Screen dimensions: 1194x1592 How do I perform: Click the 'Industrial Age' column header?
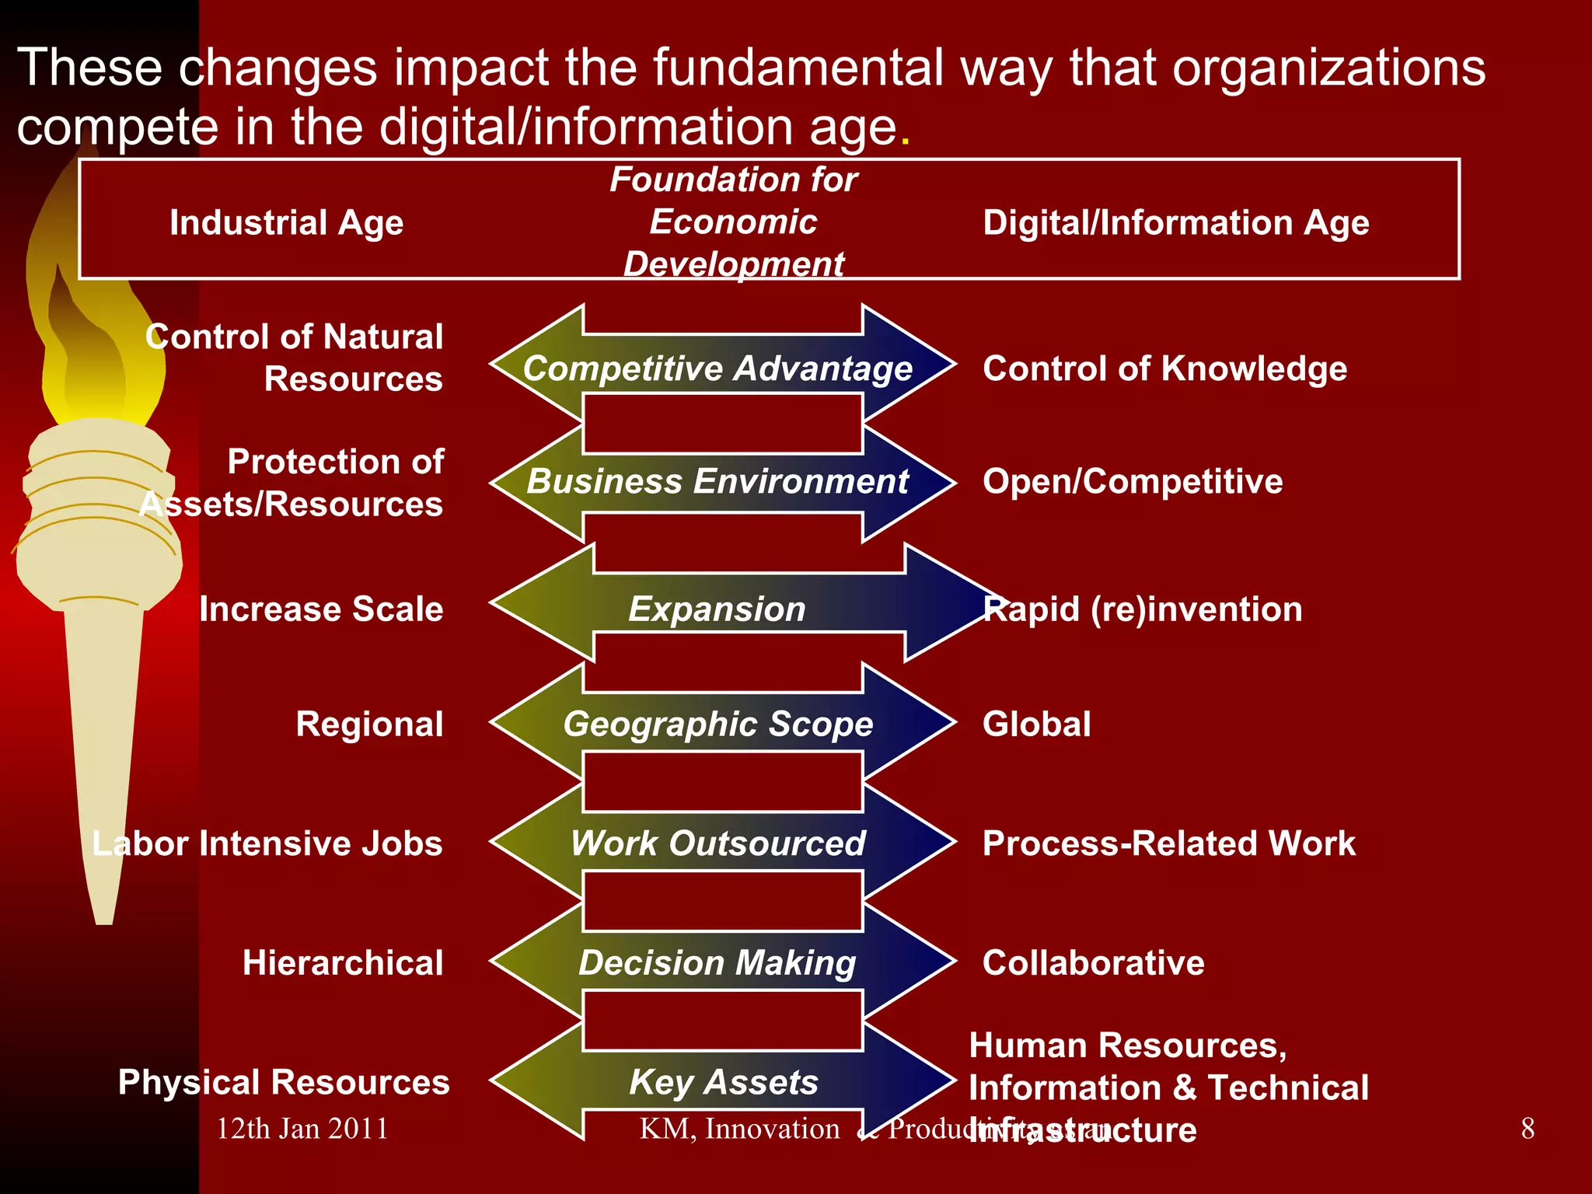pos(286,223)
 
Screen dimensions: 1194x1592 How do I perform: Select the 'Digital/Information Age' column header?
pos(1175,223)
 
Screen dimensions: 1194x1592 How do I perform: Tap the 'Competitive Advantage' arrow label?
pos(717,368)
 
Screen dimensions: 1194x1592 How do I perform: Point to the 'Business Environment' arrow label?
pos(717,481)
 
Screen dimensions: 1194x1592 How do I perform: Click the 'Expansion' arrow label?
pos(717,609)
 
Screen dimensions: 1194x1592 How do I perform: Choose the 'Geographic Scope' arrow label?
pos(717,724)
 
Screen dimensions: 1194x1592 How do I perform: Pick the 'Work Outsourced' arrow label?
pos(717,843)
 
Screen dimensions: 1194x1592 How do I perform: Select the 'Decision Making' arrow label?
pos(717,963)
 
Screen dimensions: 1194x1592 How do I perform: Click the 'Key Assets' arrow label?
pos(723,1082)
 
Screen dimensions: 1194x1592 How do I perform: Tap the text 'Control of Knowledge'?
pos(1164,368)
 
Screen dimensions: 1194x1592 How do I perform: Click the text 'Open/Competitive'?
pos(1132,481)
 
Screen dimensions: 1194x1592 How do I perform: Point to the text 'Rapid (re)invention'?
pos(1142,609)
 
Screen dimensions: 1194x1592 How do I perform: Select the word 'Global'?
pos(1036,724)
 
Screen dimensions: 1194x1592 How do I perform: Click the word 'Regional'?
pos(369,724)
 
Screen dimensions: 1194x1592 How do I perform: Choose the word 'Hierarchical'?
pos(342,963)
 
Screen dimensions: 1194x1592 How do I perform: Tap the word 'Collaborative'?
pos(1093,963)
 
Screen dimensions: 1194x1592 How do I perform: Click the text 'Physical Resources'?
pos(284,1082)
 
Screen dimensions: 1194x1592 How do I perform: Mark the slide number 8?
pos(1527,1129)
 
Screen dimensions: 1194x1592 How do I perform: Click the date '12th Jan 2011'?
pos(302,1129)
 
